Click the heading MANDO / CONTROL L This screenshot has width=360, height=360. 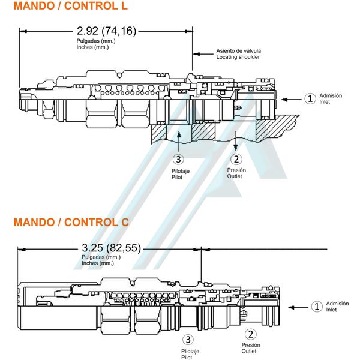point(70,7)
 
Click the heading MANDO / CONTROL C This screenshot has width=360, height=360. point(71,222)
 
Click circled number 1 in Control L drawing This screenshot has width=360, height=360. point(310,98)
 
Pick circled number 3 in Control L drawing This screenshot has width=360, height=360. point(178,160)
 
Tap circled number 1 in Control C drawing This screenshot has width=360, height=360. point(317,307)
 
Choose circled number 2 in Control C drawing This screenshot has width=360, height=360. point(250,335)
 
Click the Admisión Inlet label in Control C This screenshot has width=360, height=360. point(337,307)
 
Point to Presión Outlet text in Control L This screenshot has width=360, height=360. point(236,173)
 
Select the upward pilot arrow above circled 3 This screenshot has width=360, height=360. point(178,140)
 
